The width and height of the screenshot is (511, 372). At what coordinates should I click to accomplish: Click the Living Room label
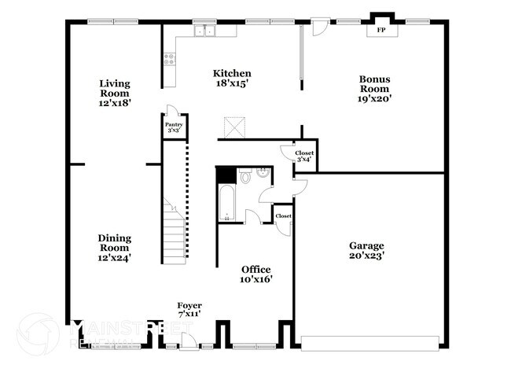pyautogui.click(x=115, y=93)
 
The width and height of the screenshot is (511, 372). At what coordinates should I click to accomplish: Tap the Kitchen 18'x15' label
pyautogui.click(x=232, y=79)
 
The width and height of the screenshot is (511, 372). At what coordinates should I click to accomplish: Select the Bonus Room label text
pyautogui.click(x=375, y=88)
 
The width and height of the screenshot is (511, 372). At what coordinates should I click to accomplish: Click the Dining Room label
pyautogui.click(x=115, y=247)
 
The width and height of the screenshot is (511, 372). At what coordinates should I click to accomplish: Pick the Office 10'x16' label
pyautogui.click(x=256, y=274)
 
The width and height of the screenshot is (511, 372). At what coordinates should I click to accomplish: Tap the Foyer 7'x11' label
pyautogui.click(x=189, y=310)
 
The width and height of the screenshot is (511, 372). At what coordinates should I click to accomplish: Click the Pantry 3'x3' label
pyautogui.click(x=174, y=127)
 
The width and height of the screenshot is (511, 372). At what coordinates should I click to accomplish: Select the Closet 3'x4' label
pyautogui.click(x=303, y=156)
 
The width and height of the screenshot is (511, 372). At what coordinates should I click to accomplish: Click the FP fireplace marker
pyautogui.click(x=381, y=30)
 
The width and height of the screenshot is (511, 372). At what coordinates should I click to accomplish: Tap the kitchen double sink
pyautogui.click(x=205, y=31)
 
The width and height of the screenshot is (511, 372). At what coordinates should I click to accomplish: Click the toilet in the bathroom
pyautogui.click(x=245, y=178)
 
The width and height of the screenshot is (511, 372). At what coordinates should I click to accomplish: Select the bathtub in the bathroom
pyautogui.click(x=226, y=204)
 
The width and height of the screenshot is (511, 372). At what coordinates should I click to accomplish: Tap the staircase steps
pyautogui.click(x=175, y=232)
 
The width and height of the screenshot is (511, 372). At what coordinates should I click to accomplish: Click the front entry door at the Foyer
pyautogui.click(x=189, y=341)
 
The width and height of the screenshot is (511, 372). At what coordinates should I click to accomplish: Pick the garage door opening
pyautogui.click(x=369, y=344)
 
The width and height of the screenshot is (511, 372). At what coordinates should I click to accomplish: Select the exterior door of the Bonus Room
pyautogui.click(x=320, y=27)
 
